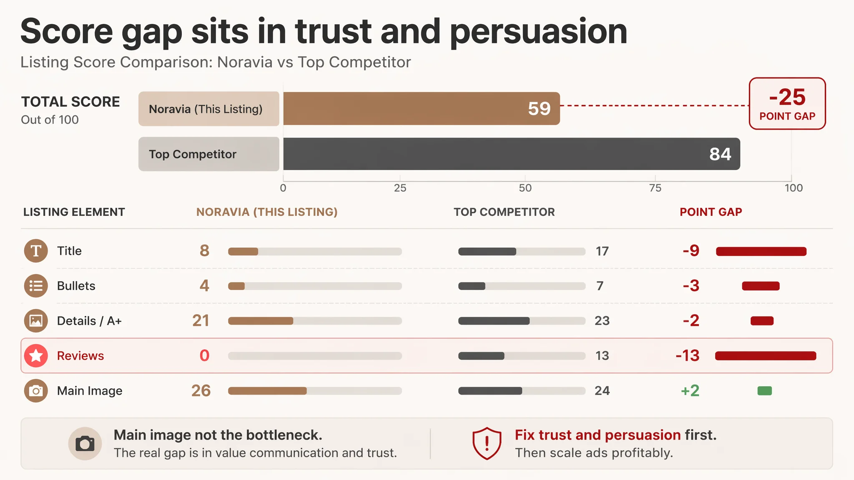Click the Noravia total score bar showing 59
(x=422, y=108)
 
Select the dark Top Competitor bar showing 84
(x=512, y=154)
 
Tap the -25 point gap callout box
(x=787, y=103)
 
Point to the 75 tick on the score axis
(x=655, y=188)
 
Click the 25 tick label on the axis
(x=400, y=188)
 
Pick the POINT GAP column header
(x=711, y=212)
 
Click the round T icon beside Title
(x=36, y=251)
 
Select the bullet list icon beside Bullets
(x=36, y=286)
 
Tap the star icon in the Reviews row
(x=36, y=356)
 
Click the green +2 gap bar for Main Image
(x=764, y=391)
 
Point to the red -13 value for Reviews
(x=688, y=356)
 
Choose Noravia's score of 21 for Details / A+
(x=201, y=321)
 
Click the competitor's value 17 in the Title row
(x=602, y=251)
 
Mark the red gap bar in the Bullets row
(x=761, y=286)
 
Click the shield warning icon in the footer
(x=487, y=443)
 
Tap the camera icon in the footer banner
(x=85, y=444)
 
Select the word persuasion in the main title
(x=538, y=32)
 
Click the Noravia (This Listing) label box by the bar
(x=209, y=109)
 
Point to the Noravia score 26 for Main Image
(x=201, y=391)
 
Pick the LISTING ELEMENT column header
(x=74, y=212)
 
